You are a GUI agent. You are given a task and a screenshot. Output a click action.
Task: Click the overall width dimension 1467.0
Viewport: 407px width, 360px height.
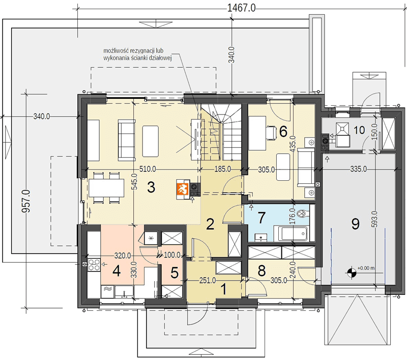pos(241,8)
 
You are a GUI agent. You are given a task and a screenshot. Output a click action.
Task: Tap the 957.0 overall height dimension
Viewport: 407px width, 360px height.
pos(26,201)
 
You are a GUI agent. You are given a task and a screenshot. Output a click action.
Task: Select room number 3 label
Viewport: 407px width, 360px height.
pos(151,187)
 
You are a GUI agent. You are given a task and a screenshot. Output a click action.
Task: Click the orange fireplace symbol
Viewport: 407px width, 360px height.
pos(183,189)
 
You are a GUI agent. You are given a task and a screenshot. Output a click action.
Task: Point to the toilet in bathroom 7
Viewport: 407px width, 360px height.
pos(302,214)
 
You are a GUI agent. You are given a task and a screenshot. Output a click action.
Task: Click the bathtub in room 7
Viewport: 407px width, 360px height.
pos(290,233)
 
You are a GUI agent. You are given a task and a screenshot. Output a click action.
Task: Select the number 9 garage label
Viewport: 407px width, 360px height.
pos(355,224)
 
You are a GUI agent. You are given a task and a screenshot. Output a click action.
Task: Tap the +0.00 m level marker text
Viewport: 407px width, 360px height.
pos(366,268)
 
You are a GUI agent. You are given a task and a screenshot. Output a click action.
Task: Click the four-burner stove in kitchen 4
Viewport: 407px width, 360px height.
pos(94,265)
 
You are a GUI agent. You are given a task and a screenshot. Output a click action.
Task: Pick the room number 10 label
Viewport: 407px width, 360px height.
pos(359,130)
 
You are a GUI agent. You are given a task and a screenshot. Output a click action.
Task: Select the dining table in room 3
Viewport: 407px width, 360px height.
pos(106,188)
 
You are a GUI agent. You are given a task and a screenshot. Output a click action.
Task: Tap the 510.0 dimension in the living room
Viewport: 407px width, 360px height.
pos(148,169)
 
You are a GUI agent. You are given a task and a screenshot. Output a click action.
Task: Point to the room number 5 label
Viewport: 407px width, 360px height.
pos(175,273)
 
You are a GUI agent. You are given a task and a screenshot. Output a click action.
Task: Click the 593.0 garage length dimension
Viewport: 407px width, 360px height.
pos(374,219)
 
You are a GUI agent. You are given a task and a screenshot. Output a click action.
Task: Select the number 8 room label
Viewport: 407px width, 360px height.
pos(261,271)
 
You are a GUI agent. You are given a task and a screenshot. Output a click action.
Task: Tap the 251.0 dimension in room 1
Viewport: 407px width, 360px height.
pos(208,281)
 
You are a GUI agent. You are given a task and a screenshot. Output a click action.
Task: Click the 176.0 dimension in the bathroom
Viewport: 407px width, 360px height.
pos(292,216)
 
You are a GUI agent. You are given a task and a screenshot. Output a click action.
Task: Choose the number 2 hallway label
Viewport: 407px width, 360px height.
pos(210,224)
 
